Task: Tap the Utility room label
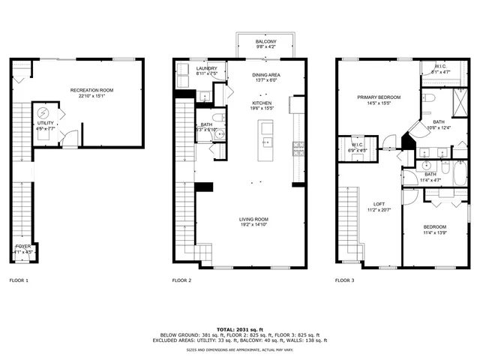coord(46,125)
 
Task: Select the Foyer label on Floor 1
coord(23,248)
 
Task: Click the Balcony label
coord(265,43)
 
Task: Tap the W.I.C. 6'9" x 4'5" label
coord(358,147)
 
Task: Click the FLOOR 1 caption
coord(19,280)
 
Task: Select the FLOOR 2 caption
coord(182,280)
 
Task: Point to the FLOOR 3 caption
coord(345,280)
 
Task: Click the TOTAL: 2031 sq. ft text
coord(240,329)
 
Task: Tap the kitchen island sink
coord(265,141)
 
